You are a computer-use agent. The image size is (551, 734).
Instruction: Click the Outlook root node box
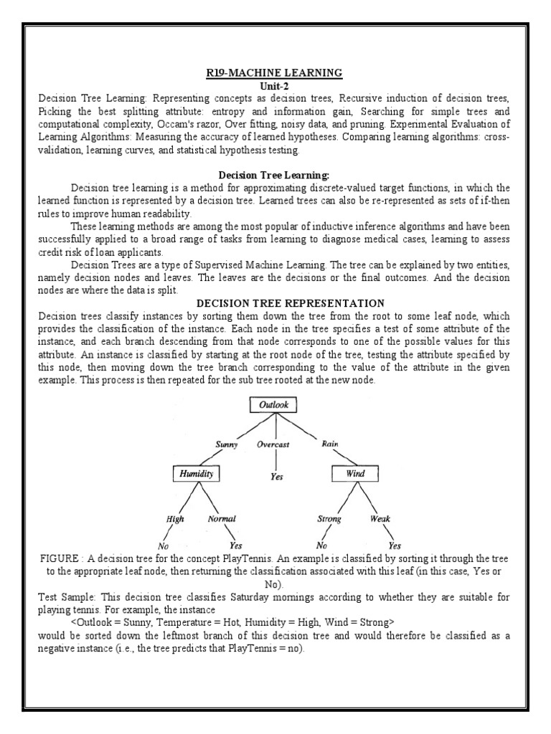274,405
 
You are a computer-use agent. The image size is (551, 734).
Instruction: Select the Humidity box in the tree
196,474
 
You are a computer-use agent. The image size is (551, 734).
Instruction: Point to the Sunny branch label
227,444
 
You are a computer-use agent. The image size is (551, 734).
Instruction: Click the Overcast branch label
273,444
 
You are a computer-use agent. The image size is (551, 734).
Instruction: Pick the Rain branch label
331,444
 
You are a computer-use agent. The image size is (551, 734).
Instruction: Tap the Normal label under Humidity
222,519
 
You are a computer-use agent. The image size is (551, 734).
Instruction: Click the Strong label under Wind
329,519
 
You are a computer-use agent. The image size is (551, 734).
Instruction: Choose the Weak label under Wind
380,519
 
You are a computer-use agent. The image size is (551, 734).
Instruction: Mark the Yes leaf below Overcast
275,476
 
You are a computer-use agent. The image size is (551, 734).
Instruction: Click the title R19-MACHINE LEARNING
275,72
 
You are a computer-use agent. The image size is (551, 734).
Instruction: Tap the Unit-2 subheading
275,84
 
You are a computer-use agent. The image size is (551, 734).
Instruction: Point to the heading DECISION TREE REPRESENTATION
275,303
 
